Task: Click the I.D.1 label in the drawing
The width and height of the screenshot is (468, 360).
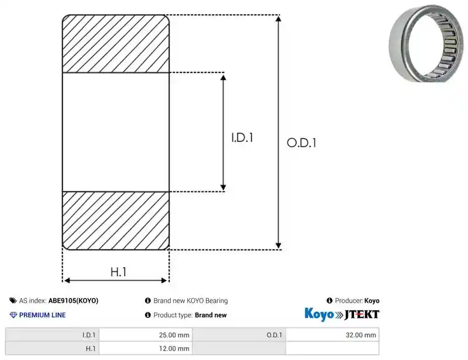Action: (x=242, y=138)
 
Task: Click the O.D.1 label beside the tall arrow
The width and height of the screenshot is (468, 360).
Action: (x=301, y=143)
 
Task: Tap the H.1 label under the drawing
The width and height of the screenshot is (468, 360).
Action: (x=119, y=272)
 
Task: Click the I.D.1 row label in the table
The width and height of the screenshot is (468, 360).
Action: (x=89, y=335)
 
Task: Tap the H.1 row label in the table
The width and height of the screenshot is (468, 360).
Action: (x=91, y=348)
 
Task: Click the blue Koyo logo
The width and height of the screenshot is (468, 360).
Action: (x=319, y=314)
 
